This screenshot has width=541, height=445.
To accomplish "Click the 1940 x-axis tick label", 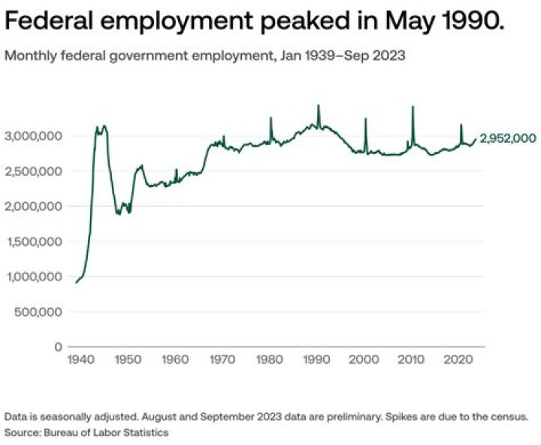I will click(79, 360).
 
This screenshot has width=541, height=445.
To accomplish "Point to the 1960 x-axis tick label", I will click(175, 360).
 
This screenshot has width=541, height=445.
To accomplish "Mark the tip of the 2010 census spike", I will click(413, 107).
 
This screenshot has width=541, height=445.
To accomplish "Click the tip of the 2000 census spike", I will click(366, 119).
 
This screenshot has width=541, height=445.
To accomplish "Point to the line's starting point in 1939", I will click(75, 283).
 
